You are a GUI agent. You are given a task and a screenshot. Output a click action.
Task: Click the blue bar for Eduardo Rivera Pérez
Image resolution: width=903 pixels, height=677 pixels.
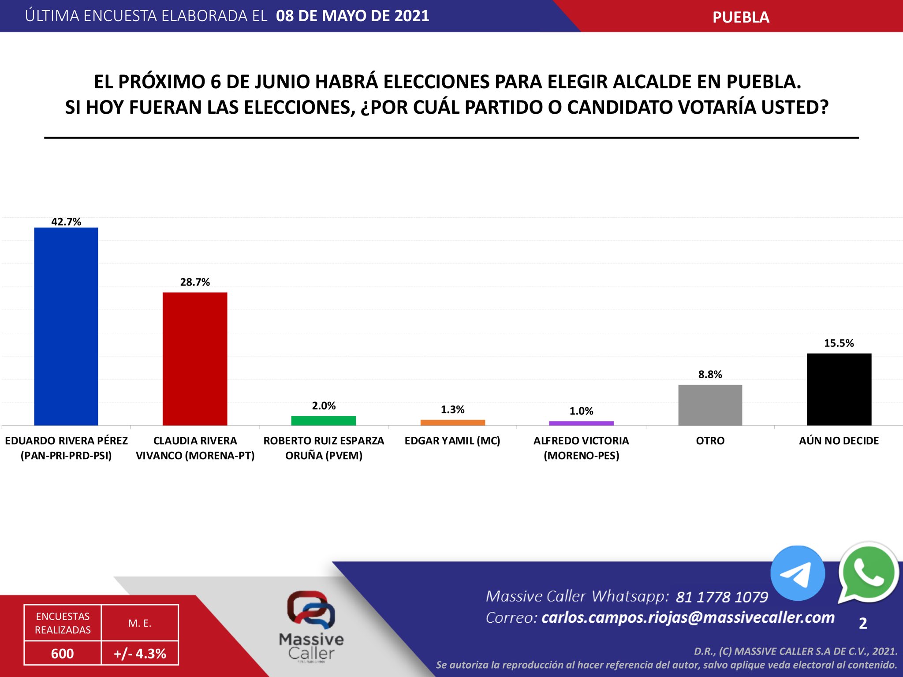click(x=66, y=326)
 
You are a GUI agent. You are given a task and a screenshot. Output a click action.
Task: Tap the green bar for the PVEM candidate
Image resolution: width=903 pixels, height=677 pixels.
click(x=324, y=420)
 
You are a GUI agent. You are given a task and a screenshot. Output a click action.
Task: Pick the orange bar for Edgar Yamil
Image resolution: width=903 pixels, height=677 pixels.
click(x=452, y=422)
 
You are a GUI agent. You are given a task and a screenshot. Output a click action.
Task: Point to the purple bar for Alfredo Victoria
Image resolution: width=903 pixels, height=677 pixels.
click(x=581, y=423)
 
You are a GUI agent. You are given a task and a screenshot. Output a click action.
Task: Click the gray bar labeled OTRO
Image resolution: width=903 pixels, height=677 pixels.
click(x=710, y=405)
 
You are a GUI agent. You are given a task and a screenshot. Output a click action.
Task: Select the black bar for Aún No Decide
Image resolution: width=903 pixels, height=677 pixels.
click(x=839, y=389)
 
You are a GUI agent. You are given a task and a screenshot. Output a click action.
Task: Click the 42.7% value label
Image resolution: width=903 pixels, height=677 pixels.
click(x=66, y=222)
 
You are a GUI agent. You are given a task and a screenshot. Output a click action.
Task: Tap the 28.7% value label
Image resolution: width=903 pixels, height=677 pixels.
click(x=195, y=282)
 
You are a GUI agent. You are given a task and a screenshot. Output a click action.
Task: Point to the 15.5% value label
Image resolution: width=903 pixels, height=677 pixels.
click(x=839, y=343)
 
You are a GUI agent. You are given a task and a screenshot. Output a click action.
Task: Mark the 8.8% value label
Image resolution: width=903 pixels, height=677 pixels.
click(x=710, y=375)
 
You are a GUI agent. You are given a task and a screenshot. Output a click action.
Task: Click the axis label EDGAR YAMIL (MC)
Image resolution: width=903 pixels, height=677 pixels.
click(x=452, y=441)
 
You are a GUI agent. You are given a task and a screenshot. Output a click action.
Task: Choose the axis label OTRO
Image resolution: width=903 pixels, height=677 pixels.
click(x=710, y=441)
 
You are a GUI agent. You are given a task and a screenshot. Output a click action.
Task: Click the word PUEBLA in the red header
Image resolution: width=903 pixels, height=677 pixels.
click(x=741, y=17)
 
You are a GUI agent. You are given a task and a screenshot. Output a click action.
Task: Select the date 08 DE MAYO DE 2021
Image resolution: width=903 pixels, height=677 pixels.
click(x=352, y=16)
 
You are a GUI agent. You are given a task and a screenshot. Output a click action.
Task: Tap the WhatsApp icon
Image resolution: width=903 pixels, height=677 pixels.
click(x=868, y=572)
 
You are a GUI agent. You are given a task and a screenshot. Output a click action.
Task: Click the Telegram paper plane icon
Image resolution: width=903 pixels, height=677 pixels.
click(x=798, y=573)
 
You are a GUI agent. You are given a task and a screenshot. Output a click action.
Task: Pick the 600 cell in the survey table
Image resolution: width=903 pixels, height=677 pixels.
click(x=62, y=653)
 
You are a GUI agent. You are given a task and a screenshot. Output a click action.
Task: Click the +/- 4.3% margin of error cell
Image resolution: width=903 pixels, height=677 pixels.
click(x=140, y=653)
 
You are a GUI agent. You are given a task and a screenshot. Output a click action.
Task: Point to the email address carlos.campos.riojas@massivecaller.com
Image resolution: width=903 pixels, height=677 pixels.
click(x=688, y=617)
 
